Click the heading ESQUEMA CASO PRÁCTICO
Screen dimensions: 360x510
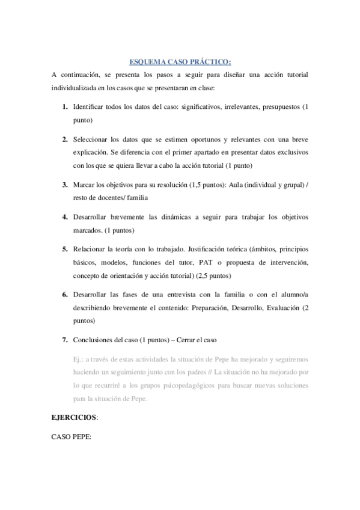[180, 61]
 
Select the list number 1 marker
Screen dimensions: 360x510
[64, 106]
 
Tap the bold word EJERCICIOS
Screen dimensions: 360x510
[74, 416]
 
